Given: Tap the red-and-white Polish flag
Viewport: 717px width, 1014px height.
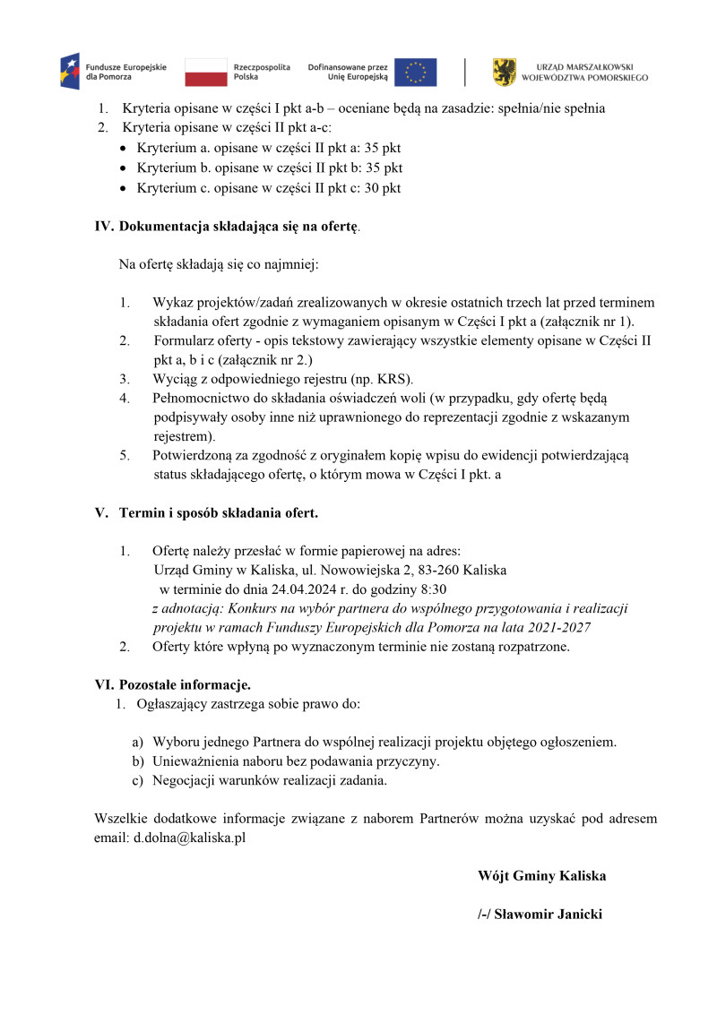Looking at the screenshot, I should click(x=206, y=72).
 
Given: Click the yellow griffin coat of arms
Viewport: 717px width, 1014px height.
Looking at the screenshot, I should click(x=505, y=72).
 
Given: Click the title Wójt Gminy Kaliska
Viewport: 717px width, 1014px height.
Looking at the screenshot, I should click(x=541, y=876).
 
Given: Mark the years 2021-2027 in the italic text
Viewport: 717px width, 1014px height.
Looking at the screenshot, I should click(x=560, y=627).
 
